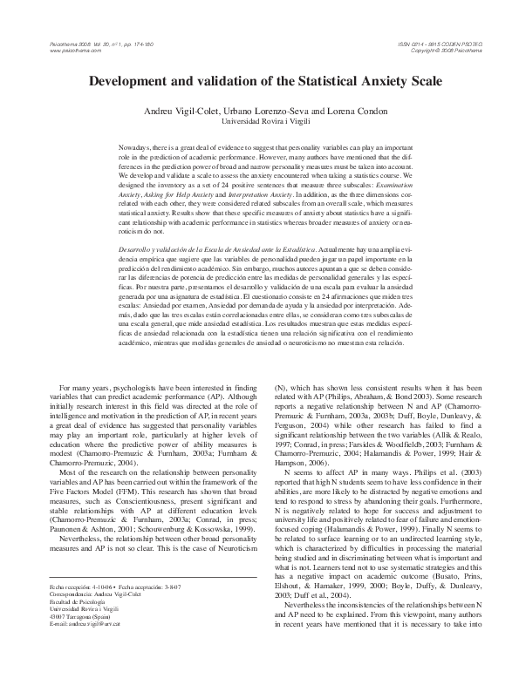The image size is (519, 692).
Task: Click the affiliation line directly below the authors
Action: click(259, 124)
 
